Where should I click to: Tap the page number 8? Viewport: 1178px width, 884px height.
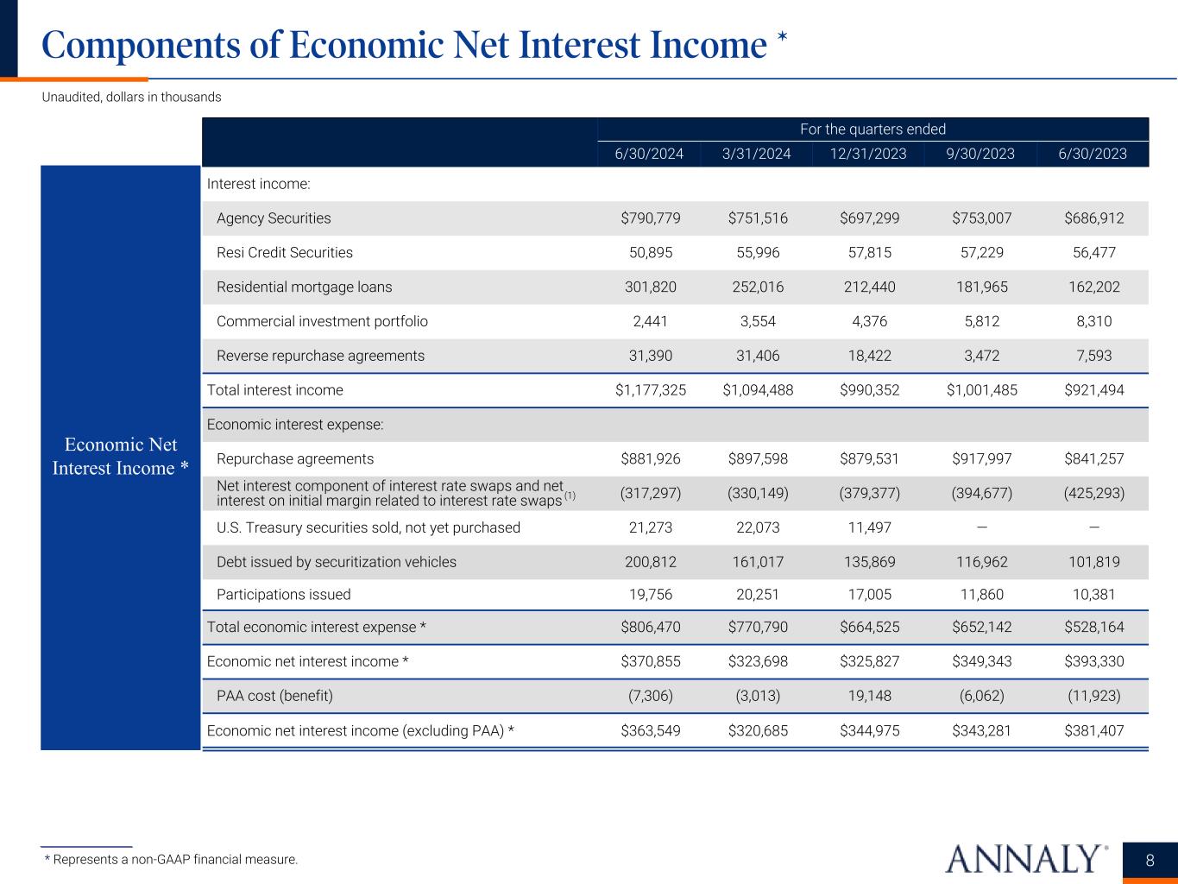coord(1150,860)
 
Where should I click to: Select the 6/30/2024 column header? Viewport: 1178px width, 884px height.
coord(649,154)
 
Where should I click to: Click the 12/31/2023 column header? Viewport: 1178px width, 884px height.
coord(867,154)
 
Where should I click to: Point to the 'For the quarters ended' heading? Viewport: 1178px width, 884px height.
coord(872,129)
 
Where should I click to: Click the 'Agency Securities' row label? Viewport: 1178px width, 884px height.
coord(274,218)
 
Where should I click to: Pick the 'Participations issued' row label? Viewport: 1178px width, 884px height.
coord(283,594)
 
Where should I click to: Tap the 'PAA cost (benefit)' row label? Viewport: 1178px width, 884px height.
coord(274,696)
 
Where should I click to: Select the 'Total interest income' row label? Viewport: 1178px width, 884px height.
coord(274,390)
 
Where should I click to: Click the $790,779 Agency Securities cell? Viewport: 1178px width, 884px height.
coord(650,218)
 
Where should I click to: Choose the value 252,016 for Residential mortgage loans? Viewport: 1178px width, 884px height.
coord(758,287)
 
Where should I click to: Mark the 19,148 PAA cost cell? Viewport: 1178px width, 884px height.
coord(869,696)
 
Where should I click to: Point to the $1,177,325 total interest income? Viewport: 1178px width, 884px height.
coord(650,390)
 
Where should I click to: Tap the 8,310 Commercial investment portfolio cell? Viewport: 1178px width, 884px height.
coord(1093,321)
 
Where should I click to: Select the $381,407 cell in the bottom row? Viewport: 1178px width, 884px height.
coord(1093,730)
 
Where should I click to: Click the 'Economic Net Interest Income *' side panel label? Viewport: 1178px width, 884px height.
coord(120,456)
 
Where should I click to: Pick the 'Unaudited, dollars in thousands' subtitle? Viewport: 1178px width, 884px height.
coord(131,98)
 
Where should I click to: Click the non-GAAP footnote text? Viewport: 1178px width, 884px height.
coord(171,860)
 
